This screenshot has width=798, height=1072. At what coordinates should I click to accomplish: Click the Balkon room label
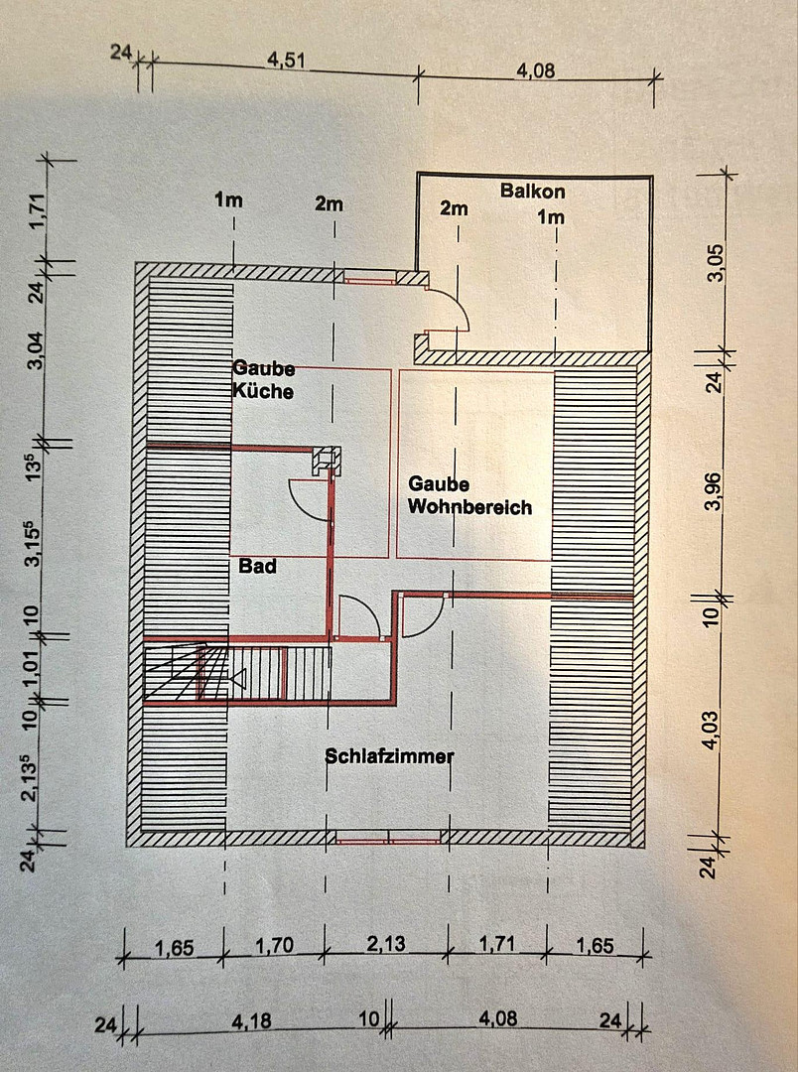click(532, 190)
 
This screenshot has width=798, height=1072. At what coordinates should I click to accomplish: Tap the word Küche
click(263, 391)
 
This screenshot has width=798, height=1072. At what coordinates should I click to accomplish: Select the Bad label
click(256, 567)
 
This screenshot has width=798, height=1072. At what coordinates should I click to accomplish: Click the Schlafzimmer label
click(389, 756)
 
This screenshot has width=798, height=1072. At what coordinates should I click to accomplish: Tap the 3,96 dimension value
click(712, 489)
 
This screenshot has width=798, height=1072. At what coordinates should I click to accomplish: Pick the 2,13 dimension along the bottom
click(385, 943)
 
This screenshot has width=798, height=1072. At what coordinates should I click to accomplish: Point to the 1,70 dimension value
click(274, 945)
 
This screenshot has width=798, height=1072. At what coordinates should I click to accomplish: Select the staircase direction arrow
click(237, 679)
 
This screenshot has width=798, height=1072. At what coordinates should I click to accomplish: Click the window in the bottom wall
click(388, 837)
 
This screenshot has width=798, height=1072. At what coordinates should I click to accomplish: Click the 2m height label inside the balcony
click(454, 208)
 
